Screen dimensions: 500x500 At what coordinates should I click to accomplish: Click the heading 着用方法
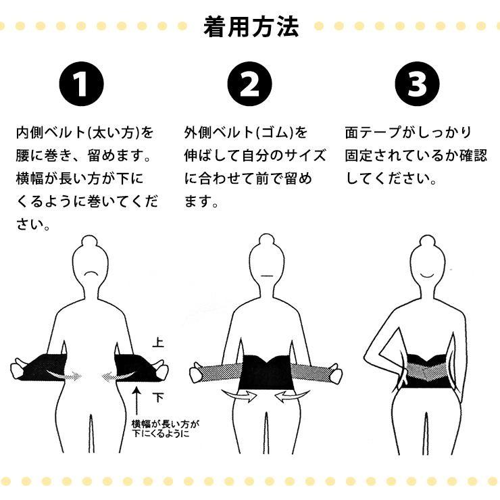[x=250, y=27]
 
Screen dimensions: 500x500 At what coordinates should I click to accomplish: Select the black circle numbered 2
[x=249, y=84]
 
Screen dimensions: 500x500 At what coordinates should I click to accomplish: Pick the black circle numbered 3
[x=417, y=84]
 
